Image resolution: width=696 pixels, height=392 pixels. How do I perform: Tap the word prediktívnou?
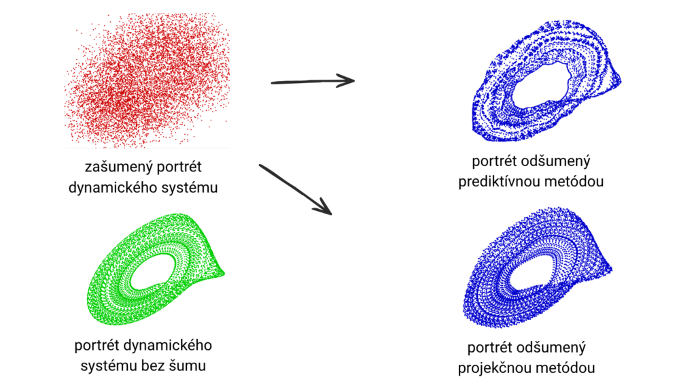504,182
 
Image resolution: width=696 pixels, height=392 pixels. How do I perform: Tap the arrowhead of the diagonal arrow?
324,208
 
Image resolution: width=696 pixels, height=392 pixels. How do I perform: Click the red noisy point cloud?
147,80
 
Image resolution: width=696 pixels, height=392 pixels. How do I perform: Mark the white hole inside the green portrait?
152,271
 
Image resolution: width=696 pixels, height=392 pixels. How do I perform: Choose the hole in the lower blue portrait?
530,275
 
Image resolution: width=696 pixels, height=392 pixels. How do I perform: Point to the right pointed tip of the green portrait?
224,274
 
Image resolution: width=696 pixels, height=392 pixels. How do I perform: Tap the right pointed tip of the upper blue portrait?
621,81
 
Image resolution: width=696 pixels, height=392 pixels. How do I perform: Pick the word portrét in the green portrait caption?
99,345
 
